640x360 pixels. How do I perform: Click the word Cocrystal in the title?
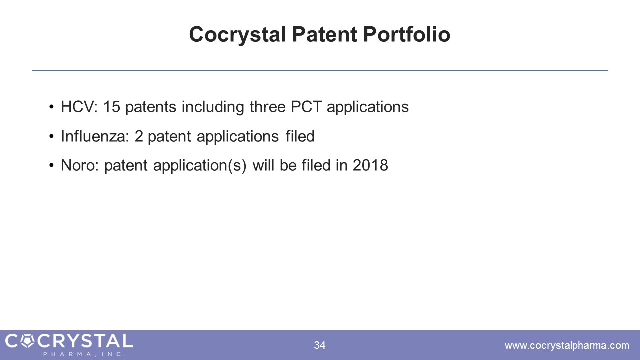237,35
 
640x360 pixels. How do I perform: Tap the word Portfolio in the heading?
407,34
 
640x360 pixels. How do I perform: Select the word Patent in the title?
324,34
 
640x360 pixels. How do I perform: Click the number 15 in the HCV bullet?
111,107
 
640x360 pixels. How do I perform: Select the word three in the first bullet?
267,107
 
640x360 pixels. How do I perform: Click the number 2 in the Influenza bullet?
139,136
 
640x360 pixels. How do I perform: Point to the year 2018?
370,165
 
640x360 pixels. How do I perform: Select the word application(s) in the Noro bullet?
199,166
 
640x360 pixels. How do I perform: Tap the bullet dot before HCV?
51,107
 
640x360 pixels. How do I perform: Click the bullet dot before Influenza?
51,136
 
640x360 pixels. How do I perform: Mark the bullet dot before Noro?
51,165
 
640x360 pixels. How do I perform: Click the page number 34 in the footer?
319,345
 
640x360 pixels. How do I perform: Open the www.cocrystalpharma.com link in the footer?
567,345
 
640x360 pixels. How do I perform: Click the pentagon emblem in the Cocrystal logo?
27,341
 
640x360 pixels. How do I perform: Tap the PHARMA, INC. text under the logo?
84,354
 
